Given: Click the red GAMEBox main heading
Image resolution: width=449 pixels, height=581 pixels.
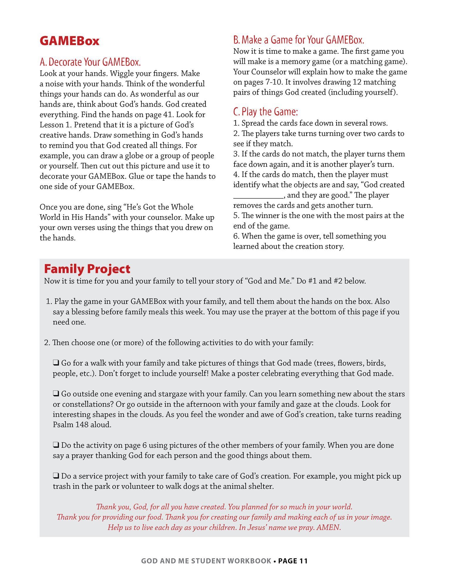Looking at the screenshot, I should tap(70, 41).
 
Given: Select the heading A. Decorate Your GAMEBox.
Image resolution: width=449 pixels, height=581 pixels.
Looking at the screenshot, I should tap(90, 62).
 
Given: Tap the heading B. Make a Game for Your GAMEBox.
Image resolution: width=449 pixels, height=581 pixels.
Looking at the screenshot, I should tap(298, 40).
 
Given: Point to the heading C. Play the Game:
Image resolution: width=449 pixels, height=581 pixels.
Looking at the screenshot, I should tap(265, 112).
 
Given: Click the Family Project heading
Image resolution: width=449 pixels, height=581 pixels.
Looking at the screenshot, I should tap(87, 269).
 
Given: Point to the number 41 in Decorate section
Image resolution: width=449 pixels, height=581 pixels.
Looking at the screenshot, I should tap(168, 114).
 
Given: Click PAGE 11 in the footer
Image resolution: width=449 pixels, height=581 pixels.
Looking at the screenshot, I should tap(293, 561).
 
